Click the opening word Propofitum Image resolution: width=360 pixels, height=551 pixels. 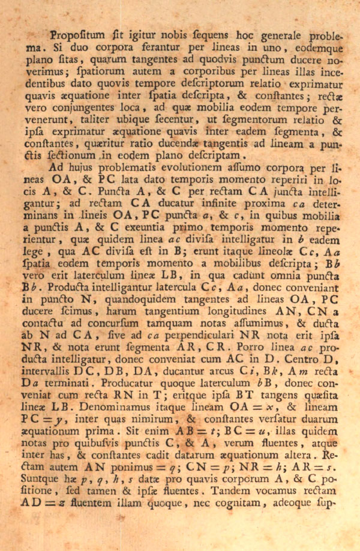pyautogui.click(x=77, y=35)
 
